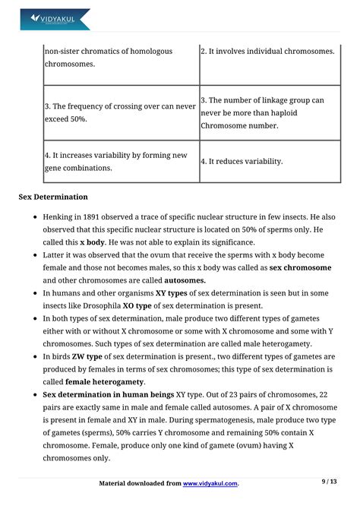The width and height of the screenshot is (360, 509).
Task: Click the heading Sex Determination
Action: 53,197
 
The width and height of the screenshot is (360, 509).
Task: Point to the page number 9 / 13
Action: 330,482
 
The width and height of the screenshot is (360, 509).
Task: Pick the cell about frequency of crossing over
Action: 120,112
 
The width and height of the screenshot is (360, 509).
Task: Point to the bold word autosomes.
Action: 185,280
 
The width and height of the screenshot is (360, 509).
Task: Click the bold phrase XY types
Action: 171,292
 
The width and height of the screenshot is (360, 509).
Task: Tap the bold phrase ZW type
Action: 84,356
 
